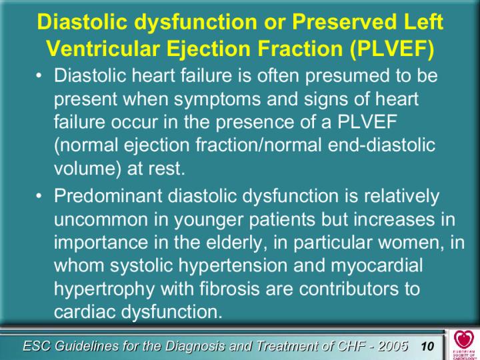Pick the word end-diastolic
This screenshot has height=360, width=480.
pyautogui.click(x=381, y=145)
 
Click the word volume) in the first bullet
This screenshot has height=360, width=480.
pyautogui.click(x=88, y=168)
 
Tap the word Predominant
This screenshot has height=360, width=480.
pyautogui.click(x=108, y=195)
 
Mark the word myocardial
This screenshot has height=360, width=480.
pyautogui.click(x=377, y=266)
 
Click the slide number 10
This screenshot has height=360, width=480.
pyautogui.click(x=427, y=346)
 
